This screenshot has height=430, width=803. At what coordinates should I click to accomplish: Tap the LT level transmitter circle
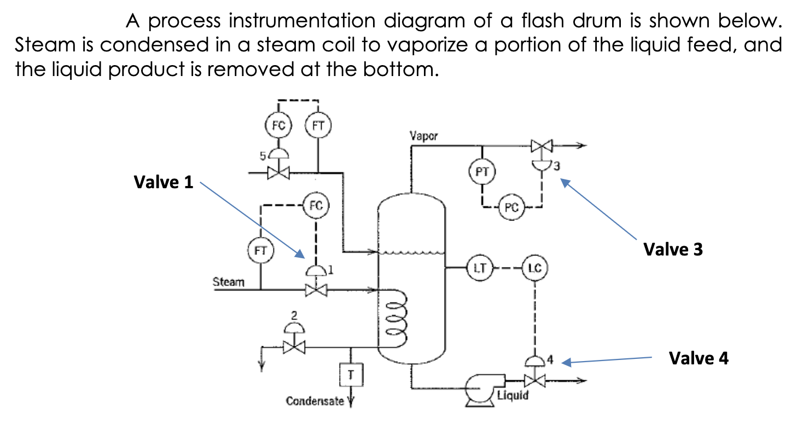[x=480, y=268]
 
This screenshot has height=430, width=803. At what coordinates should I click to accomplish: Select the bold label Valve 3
[x=673, y=249]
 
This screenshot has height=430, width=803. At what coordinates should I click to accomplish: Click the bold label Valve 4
[x=699, y=358]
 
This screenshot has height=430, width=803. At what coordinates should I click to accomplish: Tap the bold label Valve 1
[x=164, y=182]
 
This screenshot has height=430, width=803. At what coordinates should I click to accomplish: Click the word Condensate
[x=315, y=401]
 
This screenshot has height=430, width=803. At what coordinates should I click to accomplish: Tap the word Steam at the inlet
[x=228, y=282]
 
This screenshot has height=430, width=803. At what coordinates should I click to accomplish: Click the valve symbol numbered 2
[x=295, y=346]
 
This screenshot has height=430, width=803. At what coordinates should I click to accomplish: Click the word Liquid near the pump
[x=514, y=395]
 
